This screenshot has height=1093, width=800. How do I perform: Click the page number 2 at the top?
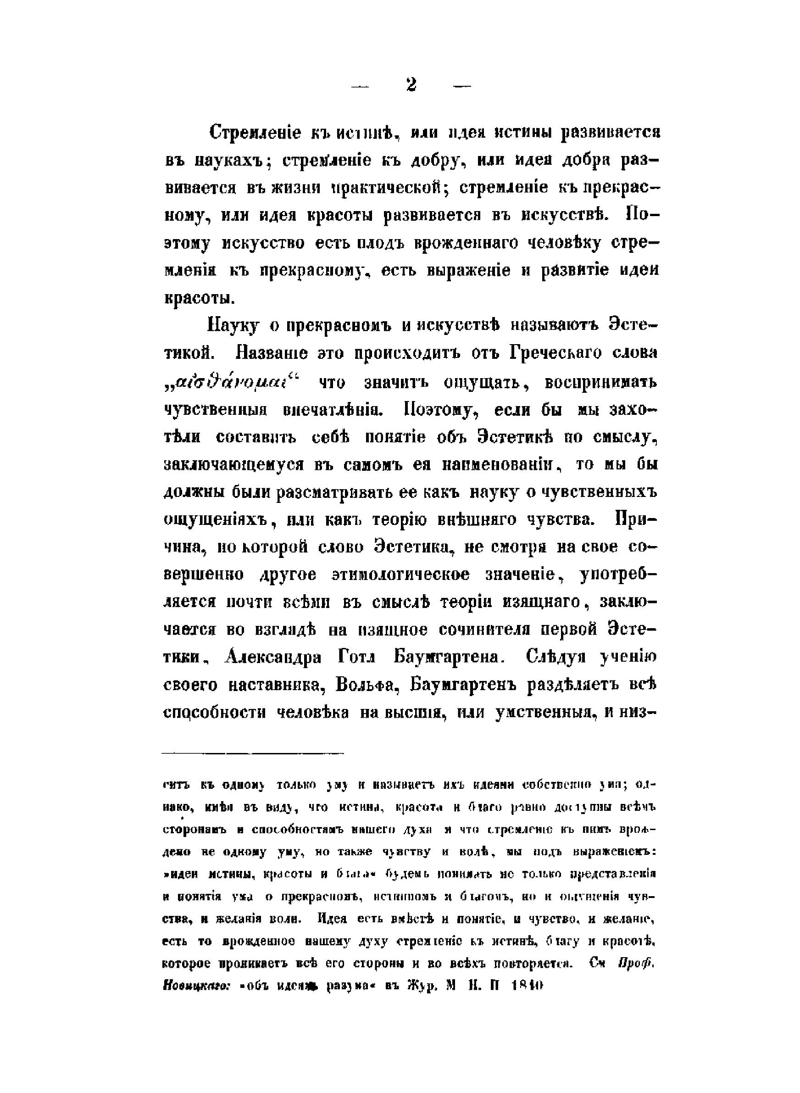tap(411, 86)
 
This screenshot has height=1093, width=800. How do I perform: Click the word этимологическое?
tap(400, 575)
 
